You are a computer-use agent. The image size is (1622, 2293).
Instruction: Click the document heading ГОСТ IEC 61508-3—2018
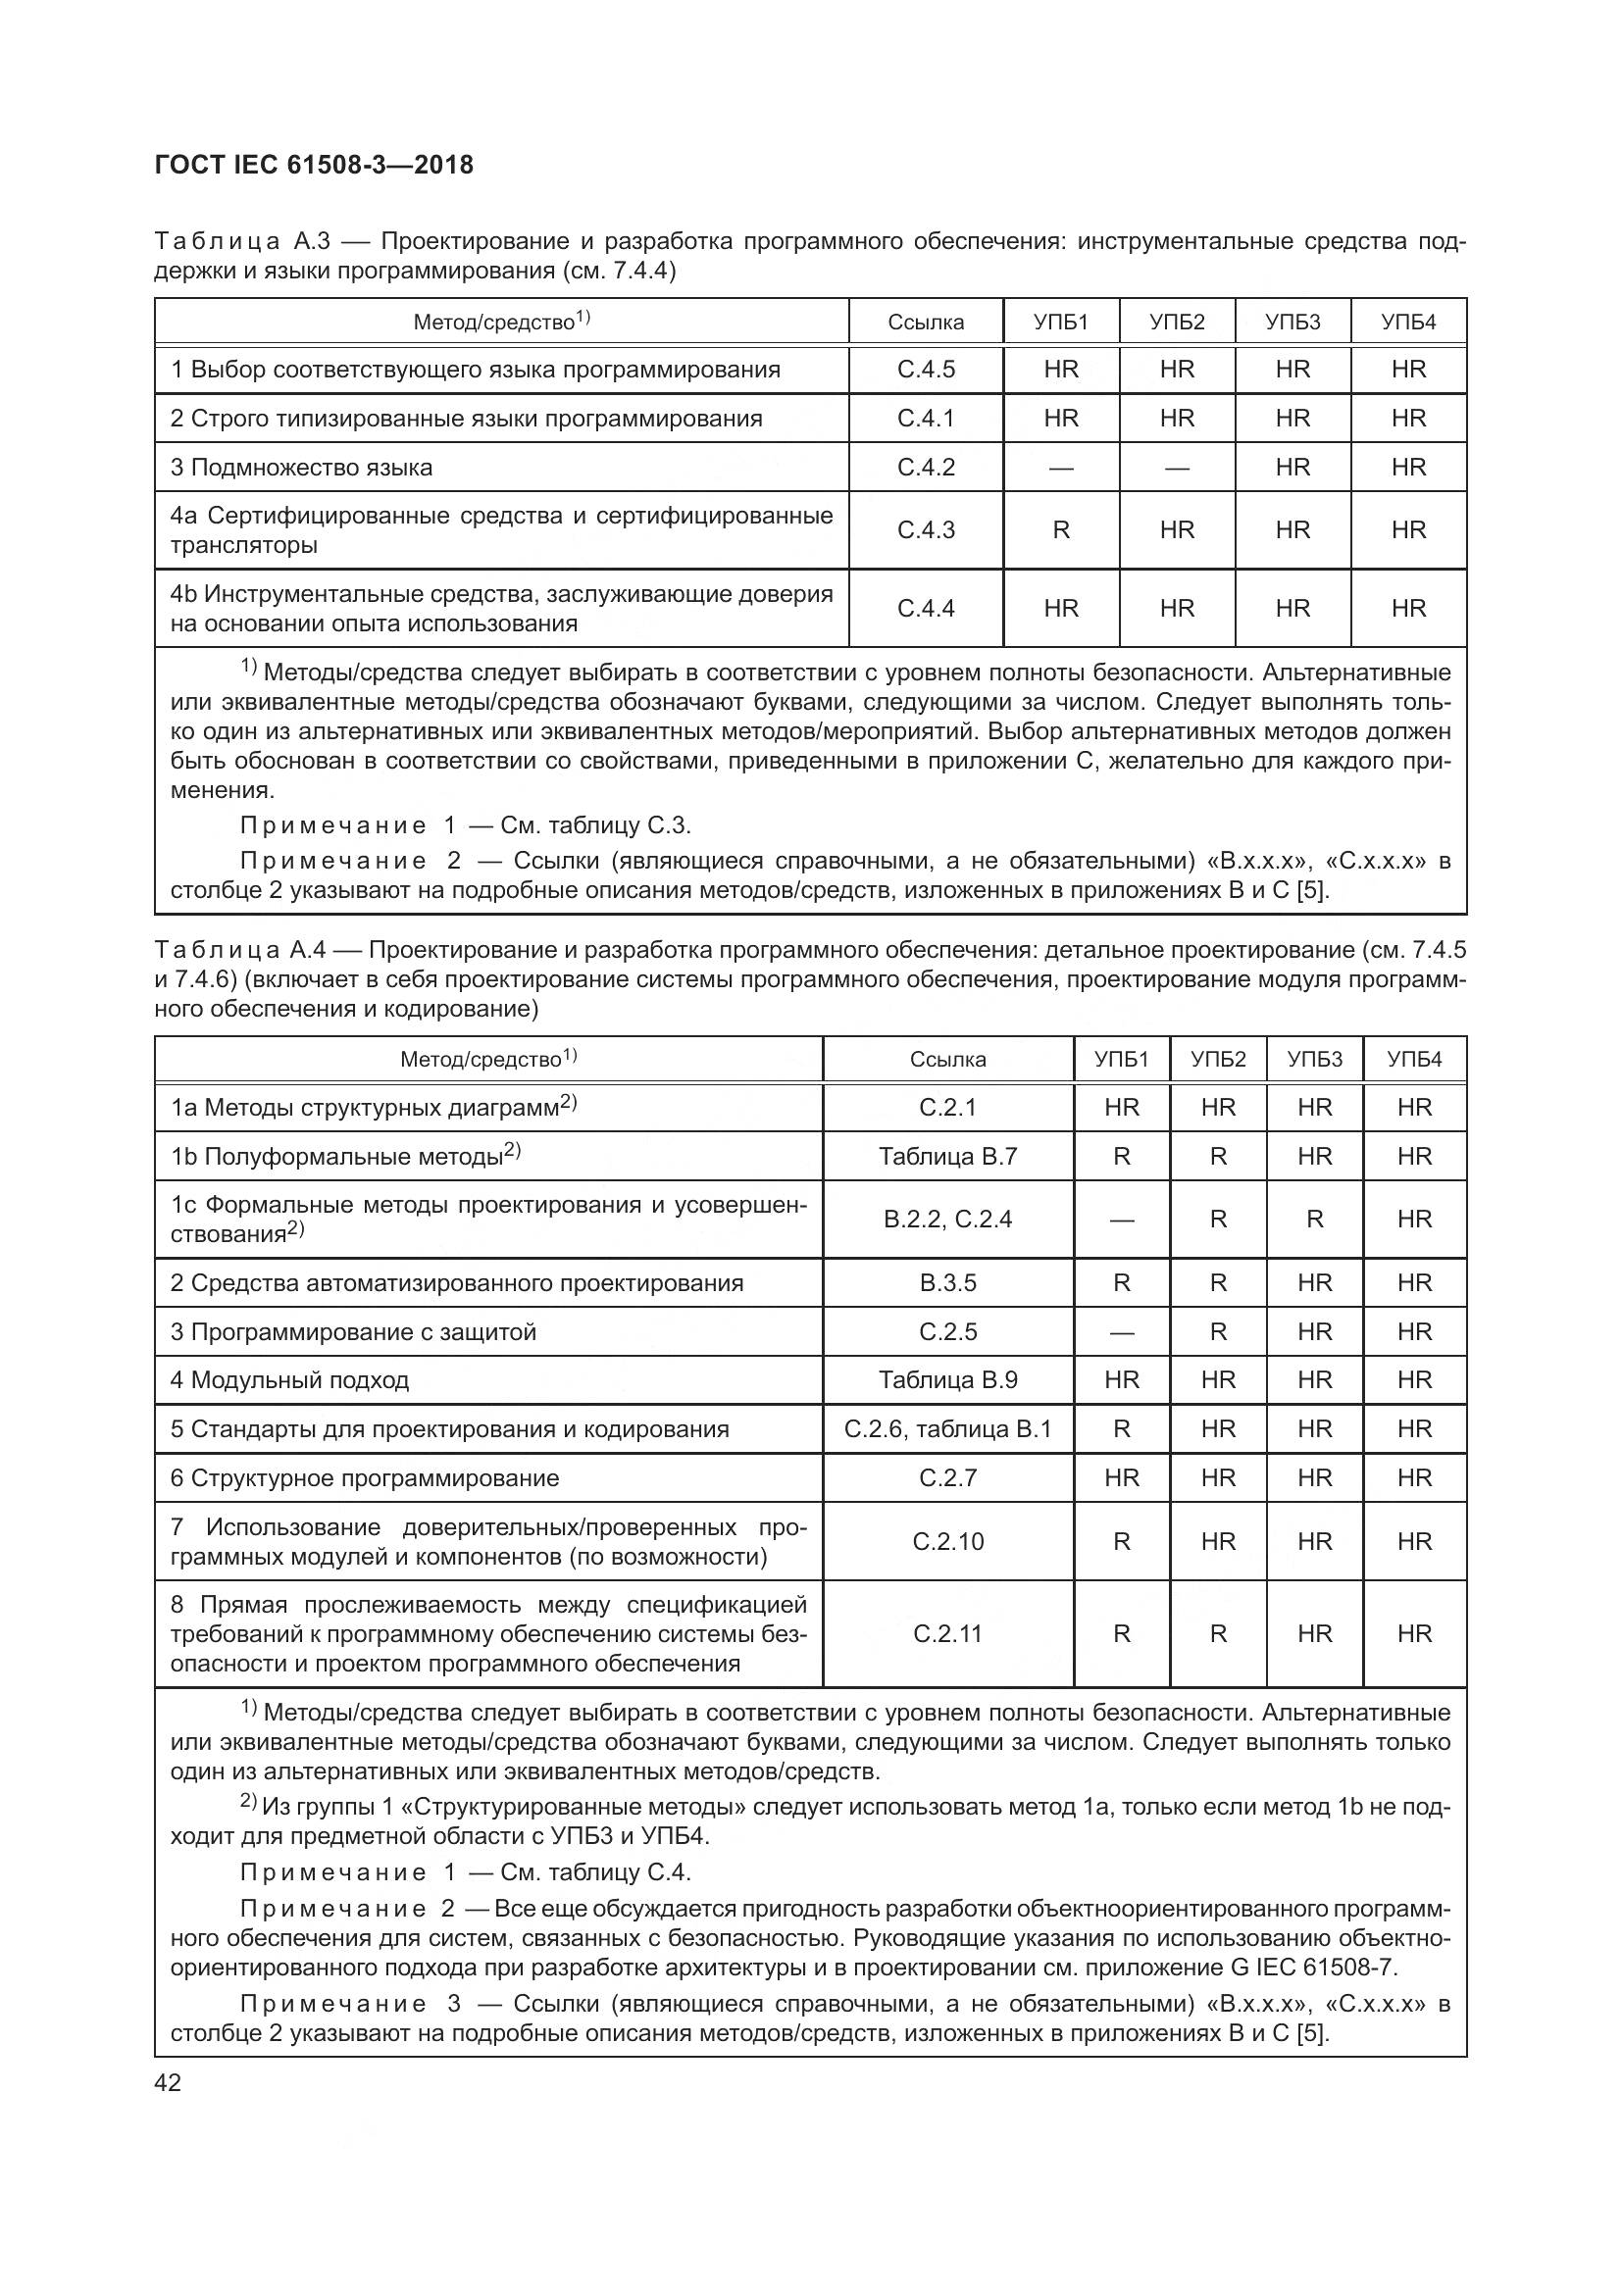click(x=314, y=165)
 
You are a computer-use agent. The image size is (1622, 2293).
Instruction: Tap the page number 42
click(x=169, y=2083)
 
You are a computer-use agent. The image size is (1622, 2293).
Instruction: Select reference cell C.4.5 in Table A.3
click(x=925, y=370)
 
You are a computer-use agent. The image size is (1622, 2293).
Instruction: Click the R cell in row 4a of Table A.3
click(x=1061, y=530)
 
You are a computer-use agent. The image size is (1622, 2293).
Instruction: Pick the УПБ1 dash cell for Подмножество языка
click(x=1061, y=468)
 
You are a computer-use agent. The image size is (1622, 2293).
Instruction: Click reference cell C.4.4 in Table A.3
click(x=925, y=608)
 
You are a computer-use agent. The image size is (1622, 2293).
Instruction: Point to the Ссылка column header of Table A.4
click(x=947, y=1060)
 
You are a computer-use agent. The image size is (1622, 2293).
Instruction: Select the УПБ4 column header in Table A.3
click(x=1407, y=322)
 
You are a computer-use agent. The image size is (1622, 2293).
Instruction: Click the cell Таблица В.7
click(x=947, y=1157)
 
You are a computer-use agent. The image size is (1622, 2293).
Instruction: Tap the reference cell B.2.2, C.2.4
click(x=947, y=1220)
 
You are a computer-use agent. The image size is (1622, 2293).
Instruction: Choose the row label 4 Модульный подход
click(x=289, y=1380)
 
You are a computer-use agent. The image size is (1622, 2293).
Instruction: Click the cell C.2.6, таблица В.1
click(x=947, y=1429)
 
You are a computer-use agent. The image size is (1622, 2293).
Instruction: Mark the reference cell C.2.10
click(x=947, y=1542)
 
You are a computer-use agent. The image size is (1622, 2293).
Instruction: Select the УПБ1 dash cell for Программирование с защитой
click(x=1121, y=1332)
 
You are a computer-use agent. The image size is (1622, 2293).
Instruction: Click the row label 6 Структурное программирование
click(x=365, y=1478)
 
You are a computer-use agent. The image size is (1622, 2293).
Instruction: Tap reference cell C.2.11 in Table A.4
click(x=947, y=1634)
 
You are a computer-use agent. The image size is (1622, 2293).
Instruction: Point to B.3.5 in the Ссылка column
click(x=947, y=1283)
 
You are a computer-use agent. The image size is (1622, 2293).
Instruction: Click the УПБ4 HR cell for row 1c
click(x=1413, y=1220)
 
